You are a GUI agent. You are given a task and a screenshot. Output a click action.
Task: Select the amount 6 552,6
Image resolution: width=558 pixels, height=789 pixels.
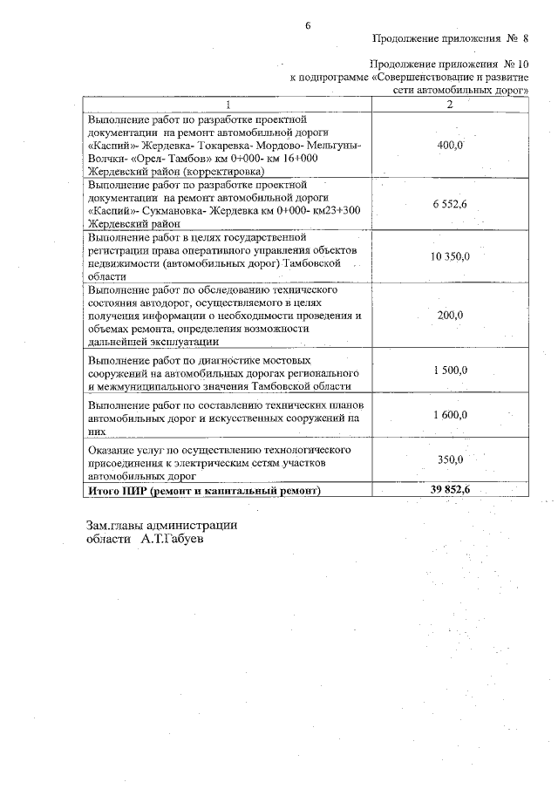click(449, 203)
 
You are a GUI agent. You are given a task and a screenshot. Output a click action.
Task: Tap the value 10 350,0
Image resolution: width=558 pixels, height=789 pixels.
click(449, 256)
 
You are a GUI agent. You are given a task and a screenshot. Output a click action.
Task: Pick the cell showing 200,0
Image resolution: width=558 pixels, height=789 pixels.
click(449, 316)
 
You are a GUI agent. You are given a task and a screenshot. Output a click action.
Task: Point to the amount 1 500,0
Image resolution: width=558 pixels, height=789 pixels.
click(449, 371)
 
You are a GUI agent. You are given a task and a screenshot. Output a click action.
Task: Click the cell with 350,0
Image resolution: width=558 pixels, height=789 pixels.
click(449, 459)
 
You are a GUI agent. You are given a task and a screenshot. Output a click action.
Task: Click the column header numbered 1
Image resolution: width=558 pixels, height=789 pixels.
click(228, 105)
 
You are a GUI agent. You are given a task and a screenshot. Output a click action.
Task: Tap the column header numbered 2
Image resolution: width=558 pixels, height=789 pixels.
click(449, 105)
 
